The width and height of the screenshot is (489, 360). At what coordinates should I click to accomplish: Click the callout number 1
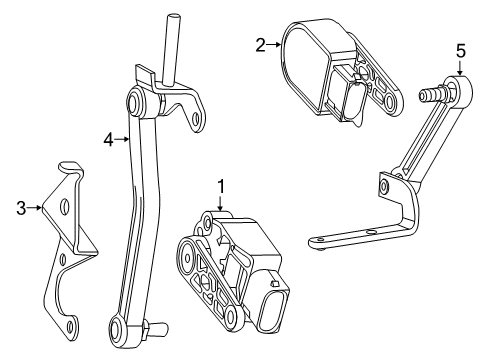pos(221,187)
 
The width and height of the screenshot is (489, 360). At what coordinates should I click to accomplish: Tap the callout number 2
pos(260,45)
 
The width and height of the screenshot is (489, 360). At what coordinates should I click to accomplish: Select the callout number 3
pos(21,208)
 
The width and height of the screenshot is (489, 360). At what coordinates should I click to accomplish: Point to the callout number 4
pos(108,140)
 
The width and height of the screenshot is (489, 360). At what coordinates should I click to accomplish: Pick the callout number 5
pos(461,51)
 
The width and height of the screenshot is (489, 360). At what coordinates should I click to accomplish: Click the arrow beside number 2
pos(274,44)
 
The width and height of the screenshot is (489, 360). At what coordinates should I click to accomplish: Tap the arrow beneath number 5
pos(460,68)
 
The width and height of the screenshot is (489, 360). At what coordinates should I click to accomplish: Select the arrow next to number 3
pos(35,208)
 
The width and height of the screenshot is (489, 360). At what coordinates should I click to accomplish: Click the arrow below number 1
pos(220,203)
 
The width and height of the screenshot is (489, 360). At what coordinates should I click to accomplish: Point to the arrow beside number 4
pos(122,139)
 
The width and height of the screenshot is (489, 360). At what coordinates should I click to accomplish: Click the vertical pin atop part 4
pos(170,48)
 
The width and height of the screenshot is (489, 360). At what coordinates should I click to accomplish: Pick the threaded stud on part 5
pos(431,94)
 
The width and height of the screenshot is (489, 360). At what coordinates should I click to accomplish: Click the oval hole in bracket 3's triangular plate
pos(64,207)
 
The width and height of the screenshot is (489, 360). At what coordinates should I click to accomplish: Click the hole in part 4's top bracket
pos(197,119)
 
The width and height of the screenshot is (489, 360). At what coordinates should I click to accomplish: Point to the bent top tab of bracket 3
pos(71,168)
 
